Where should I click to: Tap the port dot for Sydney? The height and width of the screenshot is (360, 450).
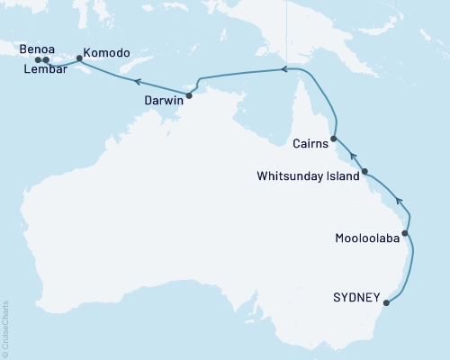point(387,301)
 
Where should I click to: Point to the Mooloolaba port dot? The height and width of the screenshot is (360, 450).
point(405,234)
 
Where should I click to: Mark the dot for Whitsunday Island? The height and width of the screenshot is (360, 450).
point(364,171)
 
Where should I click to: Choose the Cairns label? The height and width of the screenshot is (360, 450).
point(310,142)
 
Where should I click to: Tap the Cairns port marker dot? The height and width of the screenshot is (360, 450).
point(334,139)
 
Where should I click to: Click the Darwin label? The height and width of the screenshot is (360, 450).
point(164,102)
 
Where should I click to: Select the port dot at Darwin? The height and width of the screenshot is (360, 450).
point(189,94)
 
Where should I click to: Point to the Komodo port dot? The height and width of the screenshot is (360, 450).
point(79,58)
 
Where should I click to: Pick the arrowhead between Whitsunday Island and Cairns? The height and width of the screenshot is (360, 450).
point(354,155)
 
